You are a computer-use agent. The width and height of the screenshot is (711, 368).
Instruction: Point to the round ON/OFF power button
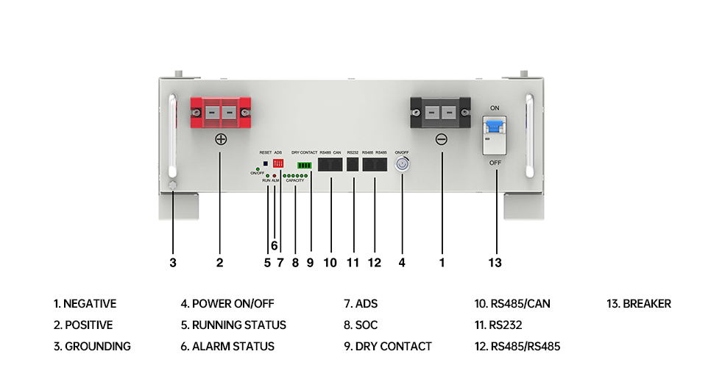click(x=403, y=166)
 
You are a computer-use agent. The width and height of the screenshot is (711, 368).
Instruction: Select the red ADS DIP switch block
click(x=278, y=162)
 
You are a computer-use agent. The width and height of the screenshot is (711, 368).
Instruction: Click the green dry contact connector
click(x=304, y=166)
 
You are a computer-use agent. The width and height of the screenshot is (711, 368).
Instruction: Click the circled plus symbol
click(x=220, y=139)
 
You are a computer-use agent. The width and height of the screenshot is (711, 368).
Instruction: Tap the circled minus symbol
click(x=441, y=139)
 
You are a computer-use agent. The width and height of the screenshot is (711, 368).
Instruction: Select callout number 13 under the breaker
click(x=495, y=261)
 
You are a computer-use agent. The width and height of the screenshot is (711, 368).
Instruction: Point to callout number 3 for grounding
click(x=172, y=261)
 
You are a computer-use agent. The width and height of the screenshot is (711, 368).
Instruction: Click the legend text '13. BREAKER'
click(x=638, y=303)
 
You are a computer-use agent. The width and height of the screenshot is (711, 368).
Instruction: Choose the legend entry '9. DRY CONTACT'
click(x=387, y=346)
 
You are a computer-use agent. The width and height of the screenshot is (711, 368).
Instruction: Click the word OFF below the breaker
click(x=495, y=163)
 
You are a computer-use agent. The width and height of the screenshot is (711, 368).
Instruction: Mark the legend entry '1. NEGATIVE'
click(x=85, y=303)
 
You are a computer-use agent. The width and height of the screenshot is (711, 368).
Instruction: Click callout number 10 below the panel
click(x=330, y=261)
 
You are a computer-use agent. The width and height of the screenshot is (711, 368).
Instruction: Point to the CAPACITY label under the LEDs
click(x=295, y=180)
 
